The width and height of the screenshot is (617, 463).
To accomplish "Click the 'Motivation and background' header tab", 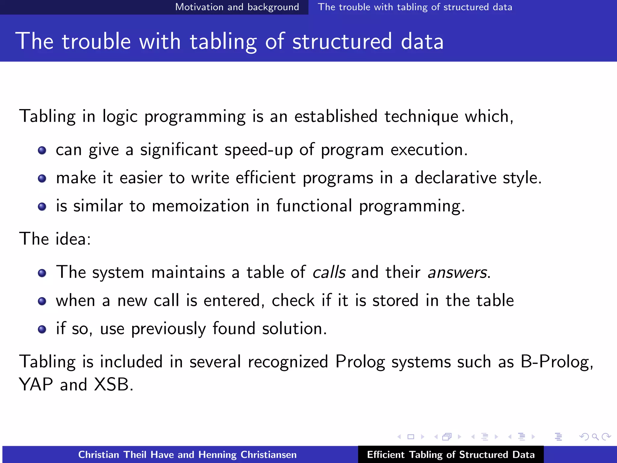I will click(237, 7).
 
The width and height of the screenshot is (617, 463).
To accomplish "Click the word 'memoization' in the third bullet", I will click(200, 206).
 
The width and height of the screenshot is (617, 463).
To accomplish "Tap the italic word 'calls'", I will click(329, 272).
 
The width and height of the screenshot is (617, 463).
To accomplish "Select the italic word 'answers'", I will click(457, 272).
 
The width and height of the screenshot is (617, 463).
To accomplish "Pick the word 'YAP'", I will click(36, 385).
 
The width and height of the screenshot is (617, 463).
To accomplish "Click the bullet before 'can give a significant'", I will click(42, 150).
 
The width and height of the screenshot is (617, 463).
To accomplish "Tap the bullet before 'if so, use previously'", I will click(42, 329).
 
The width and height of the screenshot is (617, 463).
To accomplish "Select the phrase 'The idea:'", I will click(55, 239).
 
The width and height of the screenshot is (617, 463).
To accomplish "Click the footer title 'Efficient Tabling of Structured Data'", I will click(451, 455).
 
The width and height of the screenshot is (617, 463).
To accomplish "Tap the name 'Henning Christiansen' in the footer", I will click(247, 455).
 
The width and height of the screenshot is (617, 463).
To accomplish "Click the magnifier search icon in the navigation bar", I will click(595, 437).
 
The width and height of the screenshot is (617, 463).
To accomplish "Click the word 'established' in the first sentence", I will click(336, 117).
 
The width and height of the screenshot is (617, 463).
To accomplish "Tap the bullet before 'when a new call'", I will click(42, 301).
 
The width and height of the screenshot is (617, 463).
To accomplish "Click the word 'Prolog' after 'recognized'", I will click(360, 362).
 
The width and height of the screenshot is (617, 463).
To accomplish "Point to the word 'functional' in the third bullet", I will click(314, 206).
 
